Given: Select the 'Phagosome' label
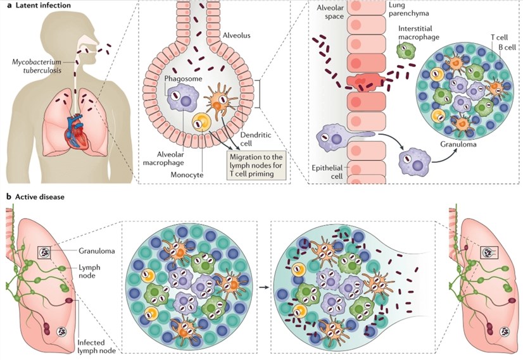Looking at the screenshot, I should point(180,78).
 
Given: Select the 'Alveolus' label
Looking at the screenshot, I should point(237,35).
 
